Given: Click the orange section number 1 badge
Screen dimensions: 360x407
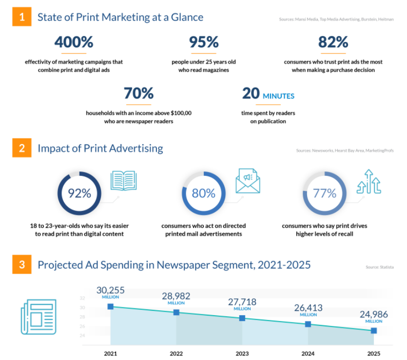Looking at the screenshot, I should [21, 18].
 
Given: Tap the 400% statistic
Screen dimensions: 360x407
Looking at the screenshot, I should [74, 42].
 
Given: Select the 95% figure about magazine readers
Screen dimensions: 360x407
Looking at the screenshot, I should [204, 42].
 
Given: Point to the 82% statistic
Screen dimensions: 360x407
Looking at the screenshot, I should [333, 42].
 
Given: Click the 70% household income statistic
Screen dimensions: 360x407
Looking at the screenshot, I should [138, 93].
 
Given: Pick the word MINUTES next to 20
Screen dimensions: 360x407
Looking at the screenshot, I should [278, 96].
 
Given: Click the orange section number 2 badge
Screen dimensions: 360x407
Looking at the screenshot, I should [21, 148].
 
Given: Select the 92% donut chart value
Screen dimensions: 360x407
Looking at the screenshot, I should [79, 193].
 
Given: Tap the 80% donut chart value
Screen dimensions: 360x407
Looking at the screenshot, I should [203, 193].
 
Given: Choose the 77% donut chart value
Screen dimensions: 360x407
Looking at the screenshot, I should [325, 193].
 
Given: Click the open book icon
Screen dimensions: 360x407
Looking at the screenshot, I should [123, 181].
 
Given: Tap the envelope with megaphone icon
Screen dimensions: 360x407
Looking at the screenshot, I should [248, 181].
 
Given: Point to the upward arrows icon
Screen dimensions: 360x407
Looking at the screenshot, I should [368, 182].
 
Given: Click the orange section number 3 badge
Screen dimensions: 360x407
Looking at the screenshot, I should [21, 265].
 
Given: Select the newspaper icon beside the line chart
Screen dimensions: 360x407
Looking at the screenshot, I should [39, 317].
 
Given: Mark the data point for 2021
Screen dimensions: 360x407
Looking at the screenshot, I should [111, 306].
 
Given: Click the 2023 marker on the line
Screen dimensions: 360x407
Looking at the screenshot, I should [242, 318].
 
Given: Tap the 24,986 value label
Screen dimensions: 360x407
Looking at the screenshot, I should [374, 314].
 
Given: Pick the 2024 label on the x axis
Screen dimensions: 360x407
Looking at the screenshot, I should [308, 353].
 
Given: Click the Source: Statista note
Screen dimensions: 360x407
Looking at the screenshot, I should [379, 267].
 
